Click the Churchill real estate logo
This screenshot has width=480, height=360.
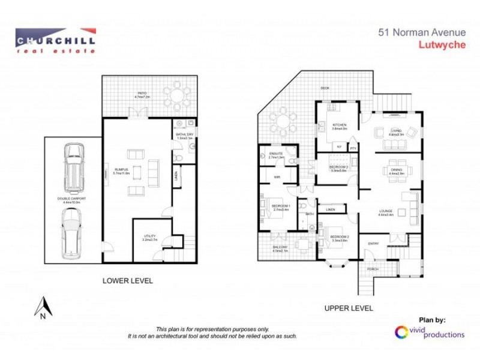click(55, 40)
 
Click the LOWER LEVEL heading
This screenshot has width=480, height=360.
click(127, 280)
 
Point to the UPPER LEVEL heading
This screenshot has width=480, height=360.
click(349, 308)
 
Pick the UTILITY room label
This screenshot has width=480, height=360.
click(150, 236)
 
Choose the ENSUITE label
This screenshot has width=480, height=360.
click(276, 154)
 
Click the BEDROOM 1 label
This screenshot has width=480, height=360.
click(281, 205)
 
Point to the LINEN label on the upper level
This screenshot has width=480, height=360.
click(331, 210)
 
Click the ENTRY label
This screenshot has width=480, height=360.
click(373, 243)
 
